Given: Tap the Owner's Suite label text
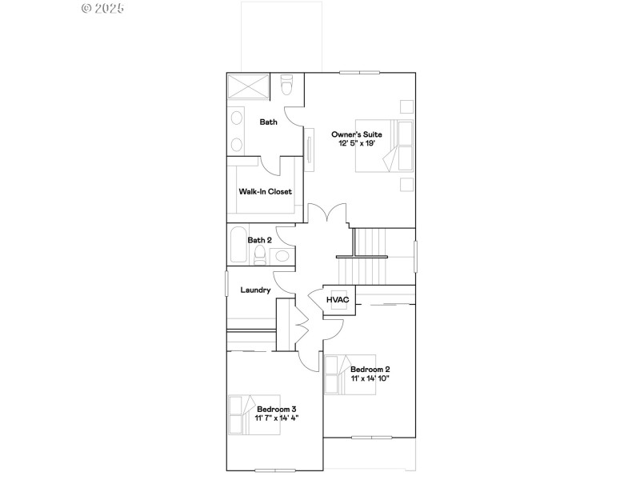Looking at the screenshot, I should tap(358, 134).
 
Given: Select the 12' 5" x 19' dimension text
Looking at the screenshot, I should tap(358, 144).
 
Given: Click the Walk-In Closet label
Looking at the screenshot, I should tap(265, 192).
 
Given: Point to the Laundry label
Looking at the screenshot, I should tap(255, 290).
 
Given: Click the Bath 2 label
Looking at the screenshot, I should tap(259, 239).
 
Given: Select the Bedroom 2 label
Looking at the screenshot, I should tap(370, 369).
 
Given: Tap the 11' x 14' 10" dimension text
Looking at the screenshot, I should tap(370, 378).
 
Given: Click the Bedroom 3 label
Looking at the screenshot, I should tap(277, 409).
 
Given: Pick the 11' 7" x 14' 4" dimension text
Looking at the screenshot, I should tap(277, 418).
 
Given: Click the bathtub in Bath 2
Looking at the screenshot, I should tap(237, 246).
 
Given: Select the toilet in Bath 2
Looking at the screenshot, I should tap(260, 255).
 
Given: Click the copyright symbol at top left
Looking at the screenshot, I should tap(86, 8).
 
